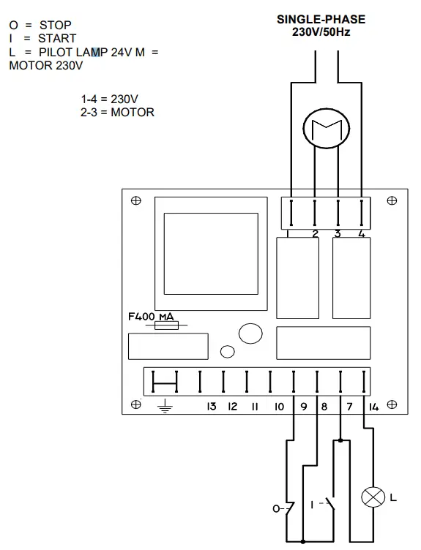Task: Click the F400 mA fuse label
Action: tap(151, 317)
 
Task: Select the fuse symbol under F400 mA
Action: tap(166, 325)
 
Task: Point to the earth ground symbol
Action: tap(165, 407)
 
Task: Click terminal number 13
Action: tap(212, 406)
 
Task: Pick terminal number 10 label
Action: tap(279, 406)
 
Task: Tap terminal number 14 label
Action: tap(373, 407)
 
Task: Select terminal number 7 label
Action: tap(349, 406)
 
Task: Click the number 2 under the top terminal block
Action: tap(316, 233)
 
